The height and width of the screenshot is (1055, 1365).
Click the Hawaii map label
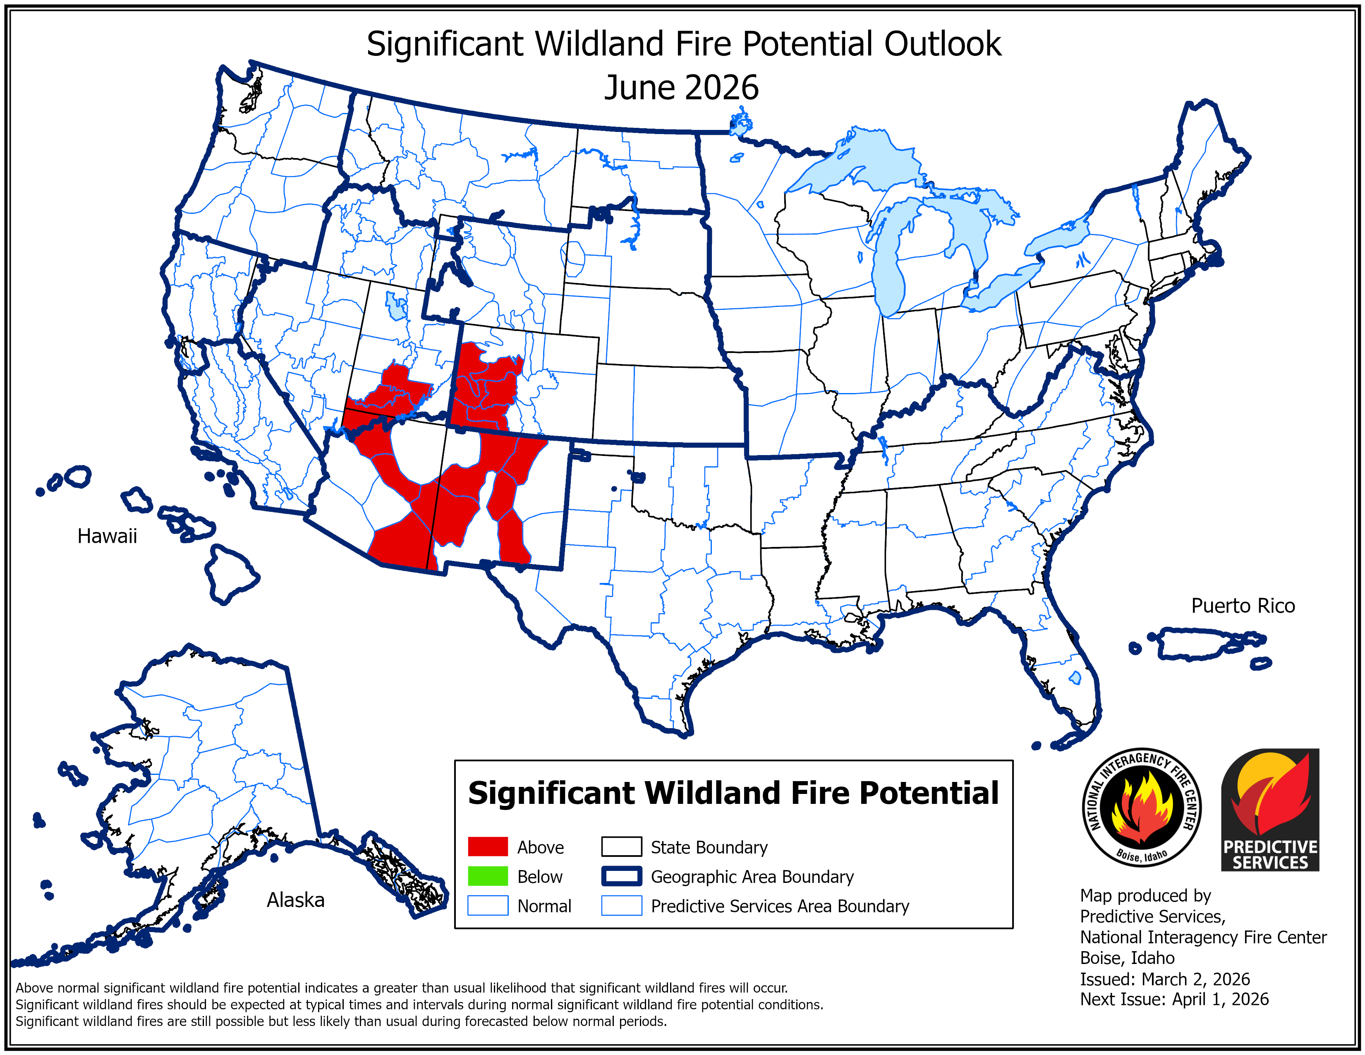pyautogui.click(x=107, y=536)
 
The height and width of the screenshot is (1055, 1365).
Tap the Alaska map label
pyautogui.click(x=296, y=900)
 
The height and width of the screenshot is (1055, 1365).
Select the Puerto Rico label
pyautogui.click(x=1243, y=606)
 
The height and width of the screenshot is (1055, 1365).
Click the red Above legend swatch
pyautogui.click(x=488, y=847)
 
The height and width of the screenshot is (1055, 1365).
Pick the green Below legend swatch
pyautogui.click(x=488, y=876)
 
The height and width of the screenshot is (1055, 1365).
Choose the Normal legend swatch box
pyautogui.click(x=488, y=906)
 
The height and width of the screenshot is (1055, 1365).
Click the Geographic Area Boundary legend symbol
pyautogui.click(x=621, y=876)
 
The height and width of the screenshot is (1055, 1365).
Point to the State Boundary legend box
pyautogui.click(x=621, y=847)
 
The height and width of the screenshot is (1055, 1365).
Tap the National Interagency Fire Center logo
pyautogui.click(x=1141, y=807)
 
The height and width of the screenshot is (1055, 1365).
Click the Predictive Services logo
pyautogui.click(x=1269, y=809)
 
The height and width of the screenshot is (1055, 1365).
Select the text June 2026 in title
pyautogui.click(x=681, y=87)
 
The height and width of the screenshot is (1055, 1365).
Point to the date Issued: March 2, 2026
pyautogui.click(x=1164, y=979)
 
